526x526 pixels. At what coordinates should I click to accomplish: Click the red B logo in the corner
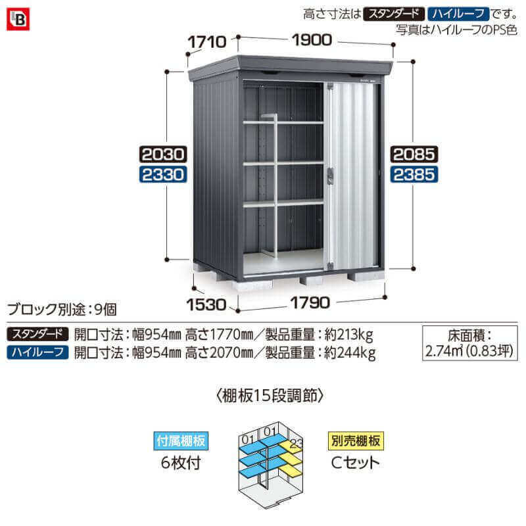click(18, 19)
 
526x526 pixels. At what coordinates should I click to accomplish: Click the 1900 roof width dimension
click(312, 40)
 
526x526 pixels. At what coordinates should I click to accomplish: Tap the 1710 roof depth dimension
click(207, 42)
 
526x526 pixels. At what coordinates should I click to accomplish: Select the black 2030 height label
click(163, 155)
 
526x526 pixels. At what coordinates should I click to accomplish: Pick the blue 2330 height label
click(163, 174)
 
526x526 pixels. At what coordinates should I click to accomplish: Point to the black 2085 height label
click(414, 155)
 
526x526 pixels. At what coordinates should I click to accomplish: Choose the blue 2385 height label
click(414, 174)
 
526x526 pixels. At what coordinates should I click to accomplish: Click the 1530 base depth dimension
click(206, 304)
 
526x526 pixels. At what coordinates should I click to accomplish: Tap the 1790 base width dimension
click(310, 303)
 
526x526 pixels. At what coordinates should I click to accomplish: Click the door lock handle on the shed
click(331, 175)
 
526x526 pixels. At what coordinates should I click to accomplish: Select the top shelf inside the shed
click(283, 122)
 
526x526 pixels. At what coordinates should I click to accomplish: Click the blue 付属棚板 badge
click(181, 441)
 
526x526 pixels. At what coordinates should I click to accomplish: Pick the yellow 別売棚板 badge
click(356, 441)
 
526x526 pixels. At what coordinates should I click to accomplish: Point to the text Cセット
click(355, 463)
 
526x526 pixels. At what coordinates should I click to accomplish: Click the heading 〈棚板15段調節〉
click(270, 396)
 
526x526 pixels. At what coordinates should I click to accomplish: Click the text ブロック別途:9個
click(62, 309)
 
